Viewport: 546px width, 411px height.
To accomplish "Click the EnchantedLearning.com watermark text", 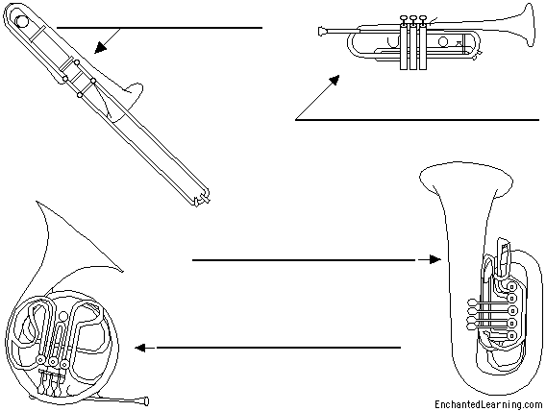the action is tap(488, 404).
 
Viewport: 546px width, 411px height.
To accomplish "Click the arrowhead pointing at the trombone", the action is tap(101, 48).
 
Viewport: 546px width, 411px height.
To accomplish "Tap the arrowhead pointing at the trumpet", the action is tap(335, 80).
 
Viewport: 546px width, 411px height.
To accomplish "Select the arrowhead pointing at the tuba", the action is tap(435, 259).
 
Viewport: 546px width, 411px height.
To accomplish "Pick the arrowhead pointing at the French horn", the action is tap(140, 348).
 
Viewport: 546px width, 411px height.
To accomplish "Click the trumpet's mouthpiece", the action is tap(323, 32).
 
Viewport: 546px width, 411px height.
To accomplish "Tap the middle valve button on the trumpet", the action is tap(413, 17).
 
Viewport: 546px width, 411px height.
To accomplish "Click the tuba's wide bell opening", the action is tap(466, 179).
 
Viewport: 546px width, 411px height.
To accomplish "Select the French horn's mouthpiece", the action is tap(144, 400).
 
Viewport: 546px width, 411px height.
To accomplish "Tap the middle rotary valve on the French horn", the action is tap(53, 362).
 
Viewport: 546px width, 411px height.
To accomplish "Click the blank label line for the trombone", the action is tap(160, 28).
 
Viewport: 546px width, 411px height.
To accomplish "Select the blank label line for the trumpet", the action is tap(417, 120).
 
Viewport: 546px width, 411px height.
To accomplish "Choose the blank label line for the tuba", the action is tap(304, 259).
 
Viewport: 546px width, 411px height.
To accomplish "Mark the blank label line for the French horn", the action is tap(279, 348).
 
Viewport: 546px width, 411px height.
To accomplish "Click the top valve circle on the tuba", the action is tap(511, 287).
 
